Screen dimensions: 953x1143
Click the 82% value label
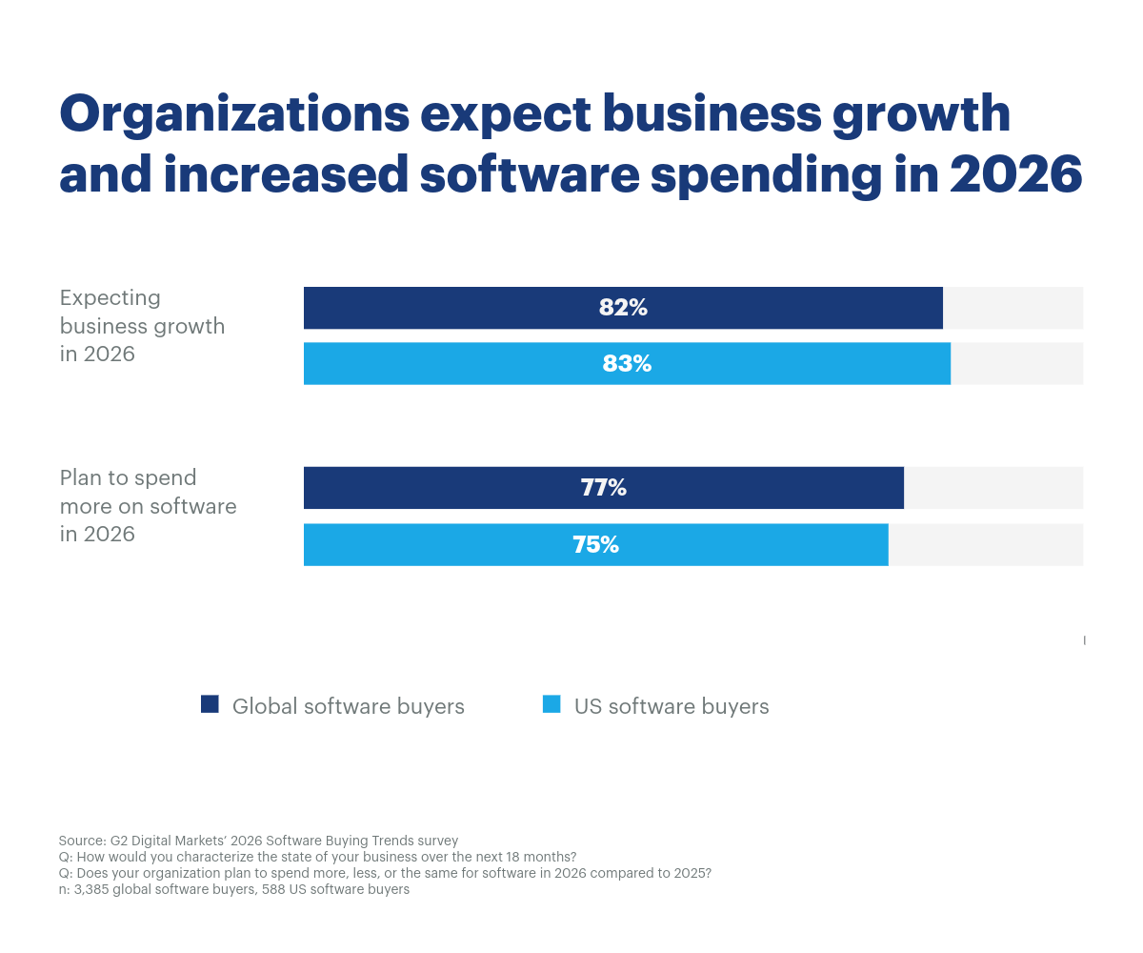click(x=623, y=308)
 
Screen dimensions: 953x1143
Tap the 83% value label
click(x=627, y=364)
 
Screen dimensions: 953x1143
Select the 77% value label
click(x=603, y=488)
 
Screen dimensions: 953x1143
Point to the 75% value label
click(x=595, y=545)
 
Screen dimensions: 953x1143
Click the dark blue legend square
click(x=210, y=704)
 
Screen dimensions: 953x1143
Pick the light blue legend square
click(x=551, y=704)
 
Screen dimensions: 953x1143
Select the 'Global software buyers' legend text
click(x=348, y=706)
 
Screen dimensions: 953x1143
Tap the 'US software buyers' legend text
click(x=671, y=706)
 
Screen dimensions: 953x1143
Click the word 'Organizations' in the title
click(x=233, y=114)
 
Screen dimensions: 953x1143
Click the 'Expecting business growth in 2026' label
click(x=142, y=326)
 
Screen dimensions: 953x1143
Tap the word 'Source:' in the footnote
click(x=82, y=841)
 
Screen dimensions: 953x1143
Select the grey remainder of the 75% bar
click(x=985, y=545)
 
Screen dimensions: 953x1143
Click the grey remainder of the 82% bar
click(x=1012, y=308)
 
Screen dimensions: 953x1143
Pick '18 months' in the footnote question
click(x=541, y=857)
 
